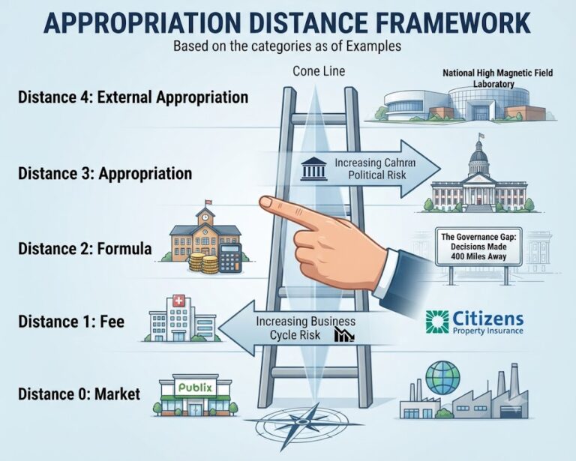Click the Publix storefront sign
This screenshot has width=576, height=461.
click(195, 388)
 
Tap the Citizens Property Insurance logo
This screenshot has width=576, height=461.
click(475, 322)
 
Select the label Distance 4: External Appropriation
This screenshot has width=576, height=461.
click(133, 97)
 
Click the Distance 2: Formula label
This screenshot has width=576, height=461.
click(85, 249)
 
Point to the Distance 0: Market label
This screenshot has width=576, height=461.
click(79, 394)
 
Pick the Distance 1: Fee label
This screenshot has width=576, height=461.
click(71, 322)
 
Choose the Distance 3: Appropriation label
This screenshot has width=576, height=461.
click(105, 173)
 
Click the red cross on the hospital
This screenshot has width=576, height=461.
click(179, 301)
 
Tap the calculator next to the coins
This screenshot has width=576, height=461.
click(230, 258)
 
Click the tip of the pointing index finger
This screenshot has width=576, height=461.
click(261, 201)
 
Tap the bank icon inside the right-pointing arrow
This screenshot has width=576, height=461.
click(313, 169)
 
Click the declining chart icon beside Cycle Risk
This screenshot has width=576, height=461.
click(344, 335)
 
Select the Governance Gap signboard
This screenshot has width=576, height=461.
click(478, 247)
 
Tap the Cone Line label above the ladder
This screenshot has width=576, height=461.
click(319, 71)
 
